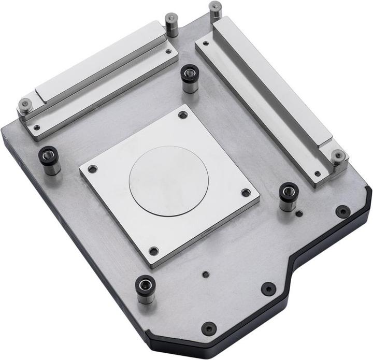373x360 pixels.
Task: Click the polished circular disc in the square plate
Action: coord(168,181)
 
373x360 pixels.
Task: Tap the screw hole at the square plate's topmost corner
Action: coord(182,115)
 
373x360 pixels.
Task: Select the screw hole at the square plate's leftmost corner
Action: coord(92,169)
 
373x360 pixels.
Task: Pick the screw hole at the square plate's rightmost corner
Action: coord(246,193)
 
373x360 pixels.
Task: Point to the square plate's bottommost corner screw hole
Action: coord(153,251)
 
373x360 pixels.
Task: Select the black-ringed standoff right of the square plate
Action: coord(288,193)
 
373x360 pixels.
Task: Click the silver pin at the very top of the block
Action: coord(215,8)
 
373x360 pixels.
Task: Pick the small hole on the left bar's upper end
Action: coord(169,51)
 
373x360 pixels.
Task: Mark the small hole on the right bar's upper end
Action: coord(206,44)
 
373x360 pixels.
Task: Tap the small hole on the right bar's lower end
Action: coord(318,174)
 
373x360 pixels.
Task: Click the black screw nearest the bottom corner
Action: coord(209,328)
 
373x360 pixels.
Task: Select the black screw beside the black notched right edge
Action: coord(342,211)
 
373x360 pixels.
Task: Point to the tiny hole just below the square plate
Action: coord(206,275)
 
